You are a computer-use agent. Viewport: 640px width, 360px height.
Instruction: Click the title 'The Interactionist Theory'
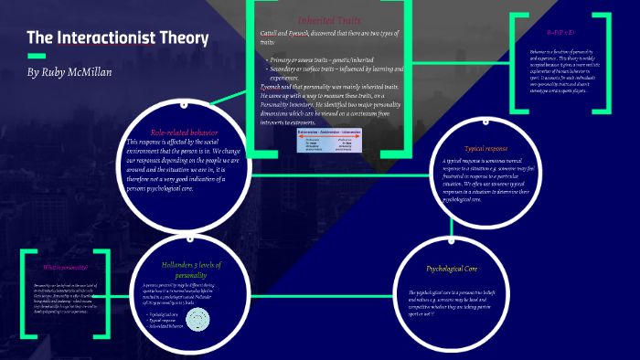(117, 38)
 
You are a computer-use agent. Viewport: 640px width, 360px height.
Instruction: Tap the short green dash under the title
(36, 57)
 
